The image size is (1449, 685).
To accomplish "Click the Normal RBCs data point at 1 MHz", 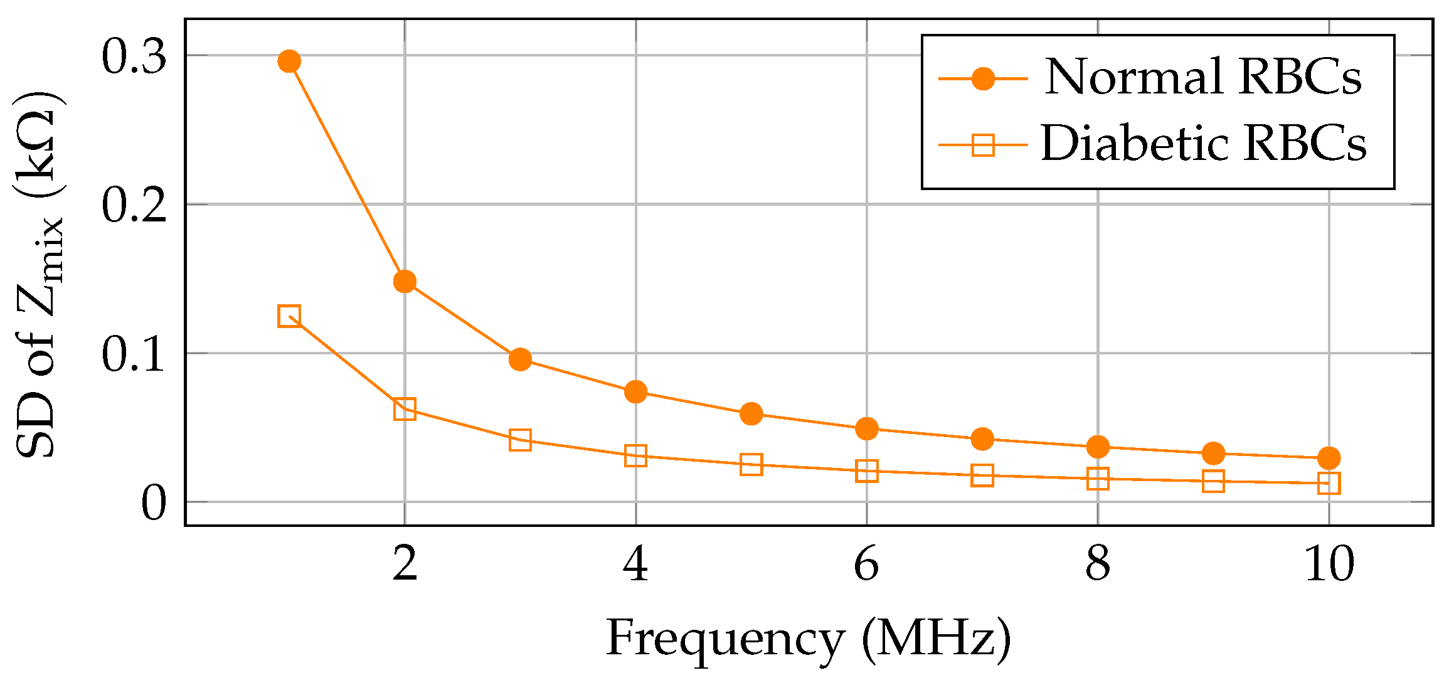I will (x=289, y=61).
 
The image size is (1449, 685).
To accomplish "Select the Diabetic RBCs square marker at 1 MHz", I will (x=289, y=316).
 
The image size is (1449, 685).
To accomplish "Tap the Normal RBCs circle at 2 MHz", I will (x=405, y=282).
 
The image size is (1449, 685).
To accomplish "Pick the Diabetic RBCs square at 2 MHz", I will (x=405, y=409).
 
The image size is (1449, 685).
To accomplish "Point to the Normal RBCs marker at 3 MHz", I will (x=520, y=359).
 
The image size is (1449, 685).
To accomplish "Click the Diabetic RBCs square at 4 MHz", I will (x=635, y=456).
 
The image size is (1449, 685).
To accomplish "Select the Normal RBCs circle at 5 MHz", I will (x=751, y=414).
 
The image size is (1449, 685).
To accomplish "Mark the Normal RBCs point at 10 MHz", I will (x=1329, y=458).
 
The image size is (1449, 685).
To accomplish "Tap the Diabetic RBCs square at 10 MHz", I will (x=1329, y=484).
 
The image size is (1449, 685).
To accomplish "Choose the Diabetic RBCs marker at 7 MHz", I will (x=982, y=475).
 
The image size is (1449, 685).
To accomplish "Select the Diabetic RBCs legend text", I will (x=1203, y=144).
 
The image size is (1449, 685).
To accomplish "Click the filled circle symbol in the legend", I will (x=983, y=79).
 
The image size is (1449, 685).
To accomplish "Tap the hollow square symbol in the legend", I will (x=983, y=146).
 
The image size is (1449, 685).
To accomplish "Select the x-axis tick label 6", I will (x=866, y=564).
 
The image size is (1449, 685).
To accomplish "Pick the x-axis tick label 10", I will (x=1329, y=564).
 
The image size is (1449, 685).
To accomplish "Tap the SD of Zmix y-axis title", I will (x=39, y=276).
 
